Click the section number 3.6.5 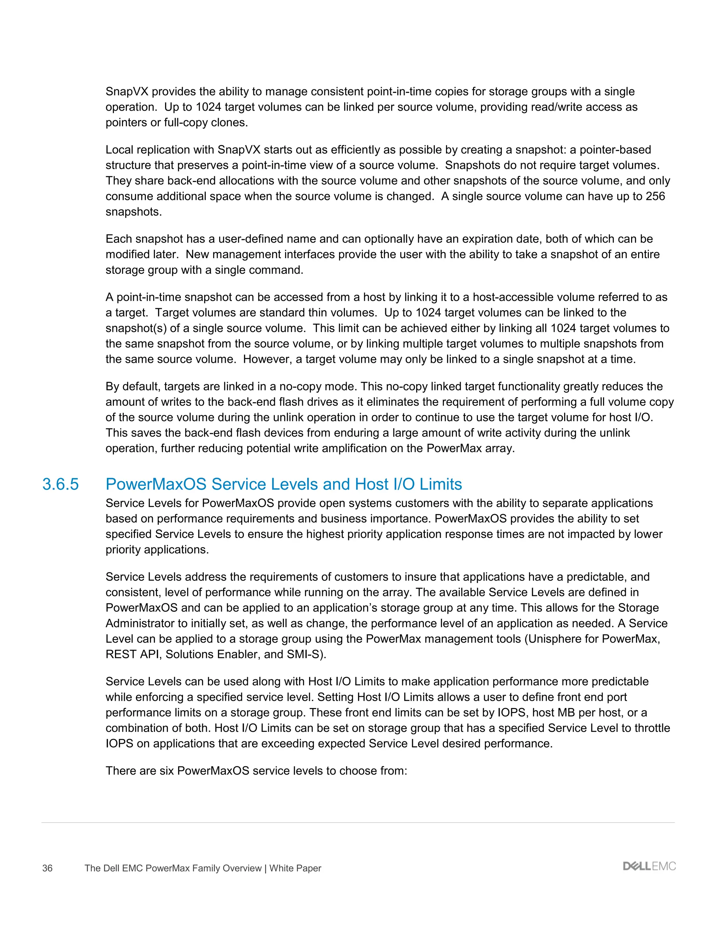tap(60, 484)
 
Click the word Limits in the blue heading tap(441, 484)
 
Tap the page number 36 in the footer tap(47, 868)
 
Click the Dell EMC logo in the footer tap(649, 866)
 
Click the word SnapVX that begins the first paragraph tap(127, 92)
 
